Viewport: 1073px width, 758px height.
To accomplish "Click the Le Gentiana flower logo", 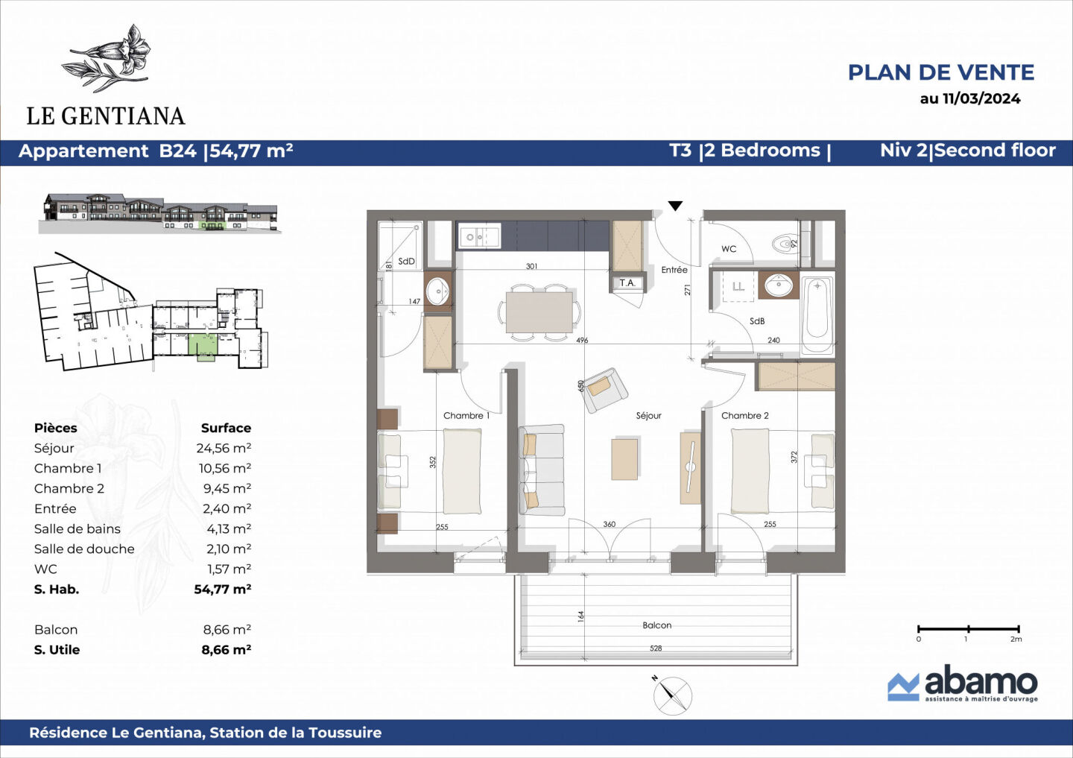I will (108, 58).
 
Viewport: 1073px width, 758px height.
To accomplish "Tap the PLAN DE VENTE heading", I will (940, 72).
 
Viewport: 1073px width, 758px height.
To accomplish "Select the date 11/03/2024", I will (981, 98).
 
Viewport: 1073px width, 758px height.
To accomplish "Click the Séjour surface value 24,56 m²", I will (224, 448).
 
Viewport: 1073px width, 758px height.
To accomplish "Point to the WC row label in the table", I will (45, 569).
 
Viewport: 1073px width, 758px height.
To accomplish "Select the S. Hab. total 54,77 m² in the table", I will (222, 589).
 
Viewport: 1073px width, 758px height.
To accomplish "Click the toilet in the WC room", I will (785, 244).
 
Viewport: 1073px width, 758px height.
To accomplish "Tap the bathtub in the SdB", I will (817, 315).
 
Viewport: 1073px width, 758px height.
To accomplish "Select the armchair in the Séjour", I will (604, 389).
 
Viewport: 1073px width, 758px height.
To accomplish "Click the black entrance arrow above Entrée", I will (675, 206).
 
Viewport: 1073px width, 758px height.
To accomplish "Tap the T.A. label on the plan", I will (627, 282).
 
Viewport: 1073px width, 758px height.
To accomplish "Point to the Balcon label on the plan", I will (656, 625).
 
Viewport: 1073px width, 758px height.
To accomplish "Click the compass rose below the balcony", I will (672, 695).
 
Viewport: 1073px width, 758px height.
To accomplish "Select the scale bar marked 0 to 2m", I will (968, 631).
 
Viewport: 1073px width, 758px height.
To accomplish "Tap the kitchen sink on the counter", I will (478, 237).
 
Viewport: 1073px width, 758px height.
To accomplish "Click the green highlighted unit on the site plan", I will (202, 347).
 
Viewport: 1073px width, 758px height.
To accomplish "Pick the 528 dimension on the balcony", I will (656, 648).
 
